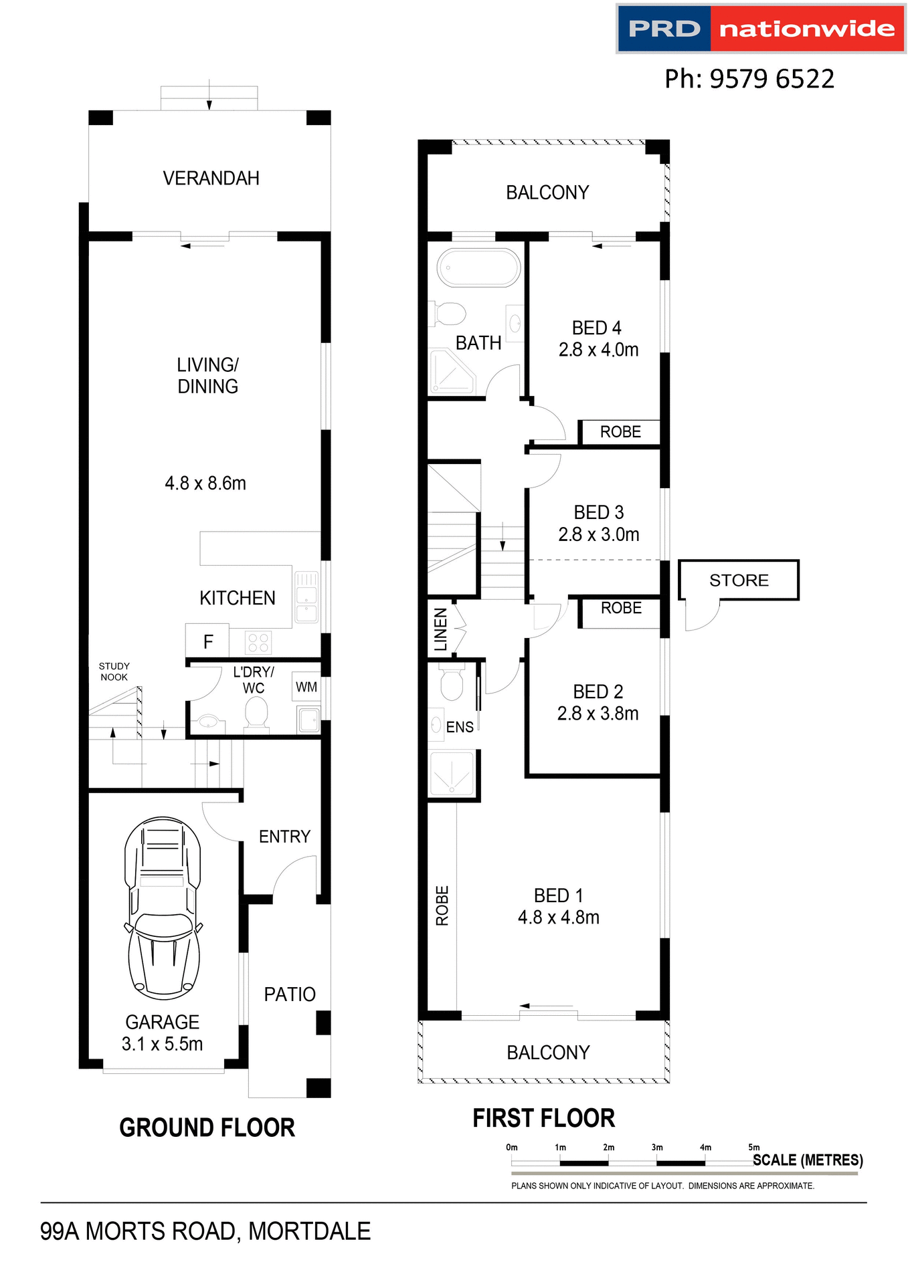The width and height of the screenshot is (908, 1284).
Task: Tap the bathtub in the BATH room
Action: (x=478, y=268)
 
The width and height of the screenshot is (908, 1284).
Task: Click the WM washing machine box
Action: (x=306, y=687)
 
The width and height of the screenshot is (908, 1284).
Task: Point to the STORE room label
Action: (x=739, y=580)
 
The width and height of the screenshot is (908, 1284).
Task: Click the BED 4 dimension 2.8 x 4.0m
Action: (x=598, y=350)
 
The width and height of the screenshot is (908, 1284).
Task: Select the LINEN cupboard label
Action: (x=440, y=629)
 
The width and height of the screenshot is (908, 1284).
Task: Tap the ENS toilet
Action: (x=452, y=682)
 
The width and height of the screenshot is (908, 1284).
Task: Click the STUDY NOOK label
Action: (x=114, y=671)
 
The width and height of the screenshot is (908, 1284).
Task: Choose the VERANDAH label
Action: (x=211, y=179)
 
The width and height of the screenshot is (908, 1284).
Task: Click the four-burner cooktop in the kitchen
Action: (x=258, y=643)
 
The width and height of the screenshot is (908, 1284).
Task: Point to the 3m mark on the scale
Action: (x=657, y=1148)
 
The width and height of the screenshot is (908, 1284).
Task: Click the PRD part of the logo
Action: (x=664, y=29)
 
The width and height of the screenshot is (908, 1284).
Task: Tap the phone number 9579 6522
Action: (x=771, y=79)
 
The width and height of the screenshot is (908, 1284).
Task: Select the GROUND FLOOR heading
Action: (x=207, y=1128)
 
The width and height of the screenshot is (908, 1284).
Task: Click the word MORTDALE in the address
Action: (x=309, y=1231)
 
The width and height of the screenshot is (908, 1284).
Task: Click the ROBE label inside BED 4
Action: (x=620, y=432)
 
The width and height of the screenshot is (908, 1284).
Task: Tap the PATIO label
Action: (x=289, y=994)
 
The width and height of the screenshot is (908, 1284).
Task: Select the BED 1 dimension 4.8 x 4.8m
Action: (x=558, y=918)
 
